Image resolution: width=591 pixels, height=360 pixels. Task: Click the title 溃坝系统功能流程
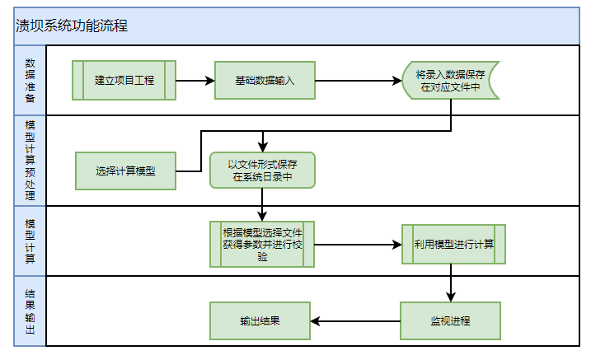72,26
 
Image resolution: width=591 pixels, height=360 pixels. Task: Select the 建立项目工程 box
124,81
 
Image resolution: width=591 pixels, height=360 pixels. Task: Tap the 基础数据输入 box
265,81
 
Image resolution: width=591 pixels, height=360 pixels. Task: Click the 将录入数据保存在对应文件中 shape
450,81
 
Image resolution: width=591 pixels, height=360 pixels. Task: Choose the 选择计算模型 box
125,171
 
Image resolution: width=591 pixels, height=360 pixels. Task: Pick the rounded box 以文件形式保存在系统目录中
262,171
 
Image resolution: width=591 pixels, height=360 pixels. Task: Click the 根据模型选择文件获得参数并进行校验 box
262,244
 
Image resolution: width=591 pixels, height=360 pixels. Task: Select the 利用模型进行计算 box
453,244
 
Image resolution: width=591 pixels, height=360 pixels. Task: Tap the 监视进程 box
450,320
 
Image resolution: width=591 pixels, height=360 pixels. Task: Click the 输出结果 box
260,320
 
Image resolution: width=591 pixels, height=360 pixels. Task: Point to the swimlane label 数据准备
30,80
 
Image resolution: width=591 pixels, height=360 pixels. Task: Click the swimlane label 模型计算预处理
30,161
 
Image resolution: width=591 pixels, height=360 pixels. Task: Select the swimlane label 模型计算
30,241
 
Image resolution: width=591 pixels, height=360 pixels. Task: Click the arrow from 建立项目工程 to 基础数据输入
195,81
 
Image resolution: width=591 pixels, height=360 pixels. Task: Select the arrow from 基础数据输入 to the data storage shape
359,81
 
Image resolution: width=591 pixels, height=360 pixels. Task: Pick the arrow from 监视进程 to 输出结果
355,320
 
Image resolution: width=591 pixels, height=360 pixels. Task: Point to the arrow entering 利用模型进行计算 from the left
359,244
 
